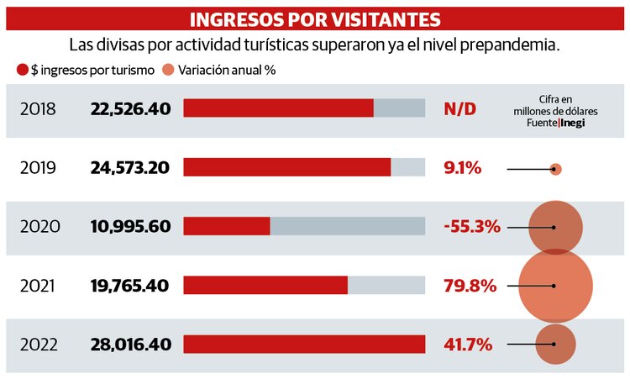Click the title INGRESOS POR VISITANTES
(315, 18)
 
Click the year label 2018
(38, 108)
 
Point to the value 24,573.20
(129, 168)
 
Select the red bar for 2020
(227, 227)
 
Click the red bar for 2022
(304, 345)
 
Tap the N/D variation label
(459, 108)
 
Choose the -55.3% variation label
(472, 227)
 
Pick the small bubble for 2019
(555, 169)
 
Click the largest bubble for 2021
(555, 286)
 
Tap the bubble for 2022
(555, 345)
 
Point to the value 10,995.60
(129, 227)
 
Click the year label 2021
(38, 286)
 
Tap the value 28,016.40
(129, 345)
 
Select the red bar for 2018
(278, 108)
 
